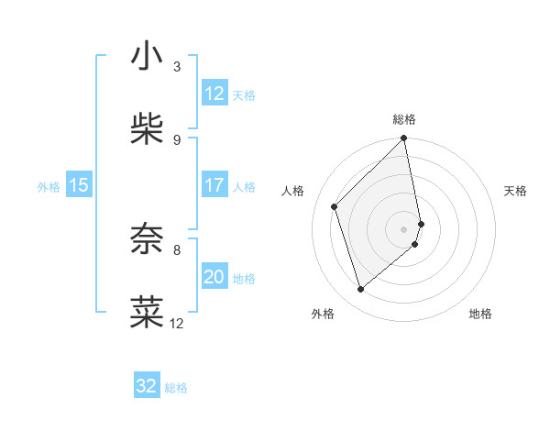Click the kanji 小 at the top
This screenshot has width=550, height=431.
[147, 57]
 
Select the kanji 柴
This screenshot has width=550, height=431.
[147, 129]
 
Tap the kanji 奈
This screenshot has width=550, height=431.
[147, 239]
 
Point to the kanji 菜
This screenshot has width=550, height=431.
[147, 312]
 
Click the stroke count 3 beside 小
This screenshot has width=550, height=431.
[177, 67]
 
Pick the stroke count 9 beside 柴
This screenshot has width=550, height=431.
[177, 139]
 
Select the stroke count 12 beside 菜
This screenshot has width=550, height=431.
[177, 323]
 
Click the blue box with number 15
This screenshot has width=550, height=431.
[79, 185]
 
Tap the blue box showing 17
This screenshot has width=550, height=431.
[214, 185]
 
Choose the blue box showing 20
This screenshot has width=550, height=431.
[214, 277]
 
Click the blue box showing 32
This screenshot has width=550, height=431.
[147, 386]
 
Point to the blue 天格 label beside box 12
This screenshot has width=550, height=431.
[244, 95]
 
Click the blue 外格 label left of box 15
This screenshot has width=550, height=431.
[49, 187]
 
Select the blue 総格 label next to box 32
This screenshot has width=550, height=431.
[176, 388]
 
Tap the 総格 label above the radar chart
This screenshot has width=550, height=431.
[404, 119]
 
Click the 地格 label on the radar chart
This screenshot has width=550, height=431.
[480, 315]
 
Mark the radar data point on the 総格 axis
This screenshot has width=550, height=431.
[404, 139]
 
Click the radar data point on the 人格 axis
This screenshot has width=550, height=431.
[335, 206]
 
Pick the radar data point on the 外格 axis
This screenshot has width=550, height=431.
[361, 290]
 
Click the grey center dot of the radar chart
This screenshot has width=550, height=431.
[404, 228]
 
